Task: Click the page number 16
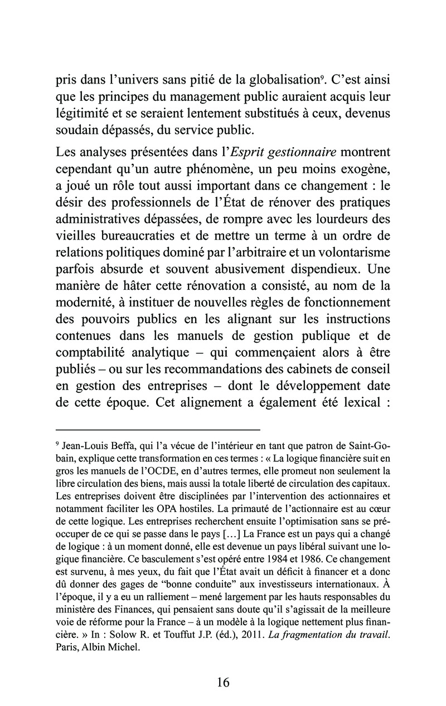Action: point(223,682)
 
